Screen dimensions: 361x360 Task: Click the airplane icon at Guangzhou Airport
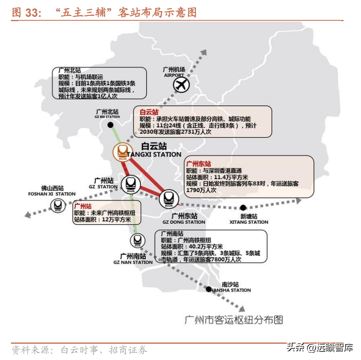pyautogui.click(x=181, y=85)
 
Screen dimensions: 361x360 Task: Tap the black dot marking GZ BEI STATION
pyautogui.click(x=110, y=125)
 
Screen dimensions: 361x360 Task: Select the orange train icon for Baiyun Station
pyautogui.click(x=122, y=152)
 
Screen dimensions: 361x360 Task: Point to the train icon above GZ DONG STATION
pyautogui.click(x=167, y=199)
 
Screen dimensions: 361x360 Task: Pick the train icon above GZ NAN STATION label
pyautogui.click(x=137, y=240)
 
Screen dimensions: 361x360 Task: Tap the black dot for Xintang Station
pyautogui.click(x=243, y=207)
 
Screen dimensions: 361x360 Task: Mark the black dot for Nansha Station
pyautogui.click(x=209, y=289)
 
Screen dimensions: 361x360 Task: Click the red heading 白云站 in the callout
pyautogui.click(x=149, y=112)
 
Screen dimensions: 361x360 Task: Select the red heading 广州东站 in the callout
pyautogui.click(x=198, y=164)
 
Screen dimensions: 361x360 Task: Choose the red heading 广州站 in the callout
pyautogui.click(x=83, y=206)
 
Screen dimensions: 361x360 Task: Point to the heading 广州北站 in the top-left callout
pyautogui.click(x=70, y=70)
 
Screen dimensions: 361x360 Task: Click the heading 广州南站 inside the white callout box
pyautogui.click(x=172, y=233)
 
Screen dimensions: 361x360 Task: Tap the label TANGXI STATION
pyautogui.click(x=154, y=155)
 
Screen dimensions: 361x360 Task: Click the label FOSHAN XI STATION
pyautogui.click(x=52, y=194)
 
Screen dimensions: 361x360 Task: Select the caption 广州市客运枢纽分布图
pyautogui.click(x=234, y=320)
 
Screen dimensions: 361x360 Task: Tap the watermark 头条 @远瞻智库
pyautogui.click(x=320, y=348)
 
